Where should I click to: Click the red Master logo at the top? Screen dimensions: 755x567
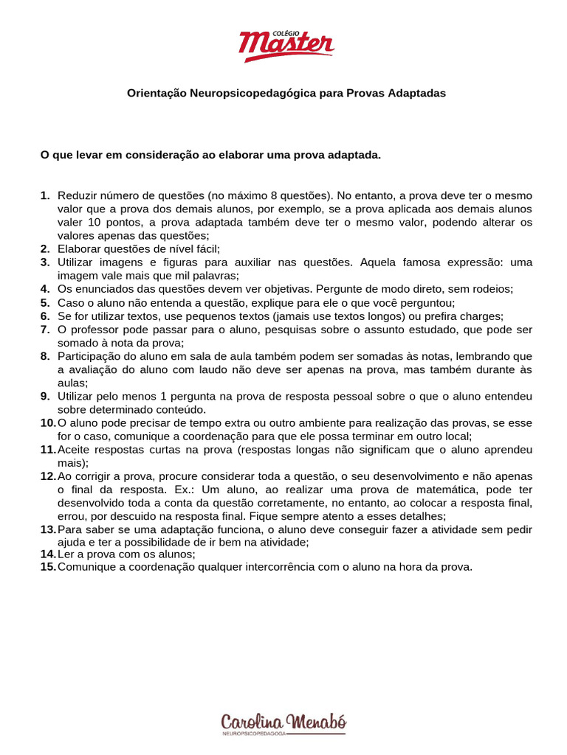pos(286,46)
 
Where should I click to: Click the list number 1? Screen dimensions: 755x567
pos(44,195)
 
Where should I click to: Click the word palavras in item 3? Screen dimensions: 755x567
pos(214,276)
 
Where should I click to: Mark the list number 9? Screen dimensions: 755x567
pos(44,396)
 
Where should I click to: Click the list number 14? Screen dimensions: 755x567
pos(47,554)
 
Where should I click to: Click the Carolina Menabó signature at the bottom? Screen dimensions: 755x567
pos(284,721)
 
